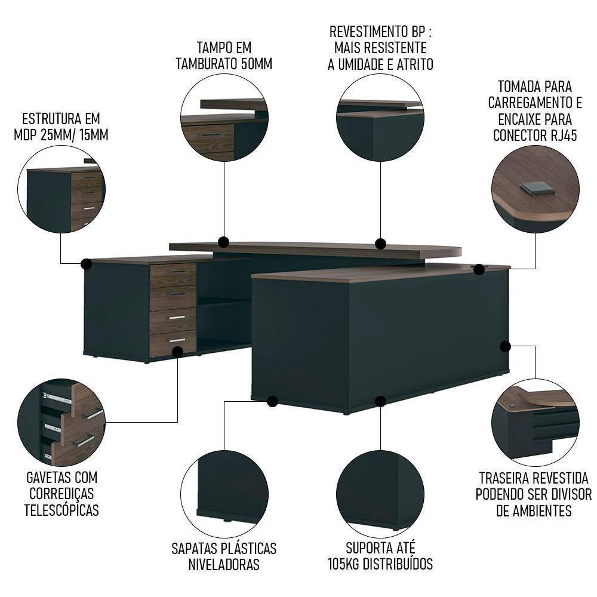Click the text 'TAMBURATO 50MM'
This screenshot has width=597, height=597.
[224, 64]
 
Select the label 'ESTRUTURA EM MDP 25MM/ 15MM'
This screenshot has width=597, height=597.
[61, 126]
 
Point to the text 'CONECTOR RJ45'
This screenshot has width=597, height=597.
[535, 136]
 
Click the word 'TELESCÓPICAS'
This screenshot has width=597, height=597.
[61, 510]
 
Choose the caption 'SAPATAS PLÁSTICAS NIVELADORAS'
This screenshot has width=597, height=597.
[224, 556]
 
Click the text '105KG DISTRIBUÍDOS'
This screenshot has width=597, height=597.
[380, 564]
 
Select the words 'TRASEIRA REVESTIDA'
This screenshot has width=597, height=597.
[534, 479]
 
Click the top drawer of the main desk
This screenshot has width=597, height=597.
[173, 275]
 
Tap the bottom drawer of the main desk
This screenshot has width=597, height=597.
[173, 343]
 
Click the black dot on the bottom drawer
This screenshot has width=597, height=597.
[177, 352]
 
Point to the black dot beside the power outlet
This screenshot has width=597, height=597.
[479, 270]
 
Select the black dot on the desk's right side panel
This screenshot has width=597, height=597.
[505, 346]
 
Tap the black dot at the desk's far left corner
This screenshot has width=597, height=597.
[86, 263]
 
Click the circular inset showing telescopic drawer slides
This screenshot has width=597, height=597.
[61, 422]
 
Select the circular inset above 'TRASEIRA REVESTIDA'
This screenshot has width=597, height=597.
[535, 422]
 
